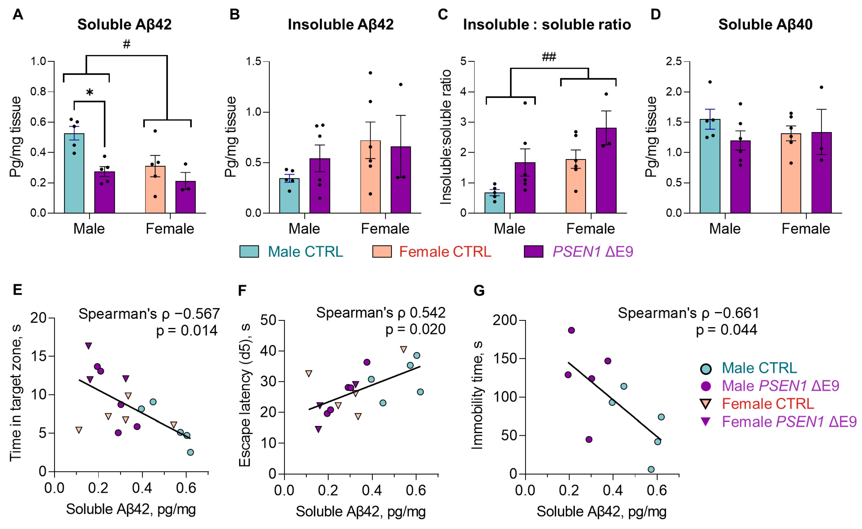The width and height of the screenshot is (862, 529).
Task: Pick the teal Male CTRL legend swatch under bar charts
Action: [249, 252]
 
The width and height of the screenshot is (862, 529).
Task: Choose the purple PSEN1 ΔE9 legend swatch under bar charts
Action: [533, 252]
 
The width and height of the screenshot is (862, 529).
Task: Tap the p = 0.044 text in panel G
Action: [726, 330]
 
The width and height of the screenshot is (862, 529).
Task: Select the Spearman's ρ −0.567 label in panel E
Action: [149, 314]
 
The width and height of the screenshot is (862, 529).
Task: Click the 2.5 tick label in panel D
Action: [674, 62]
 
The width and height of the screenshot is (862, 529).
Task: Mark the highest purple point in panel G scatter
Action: [571, 330]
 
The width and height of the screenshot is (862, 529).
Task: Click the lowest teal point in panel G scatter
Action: [651, 469]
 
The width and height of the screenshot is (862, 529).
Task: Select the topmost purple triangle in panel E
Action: [89, 346]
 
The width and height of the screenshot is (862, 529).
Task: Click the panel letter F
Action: [242, 290]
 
